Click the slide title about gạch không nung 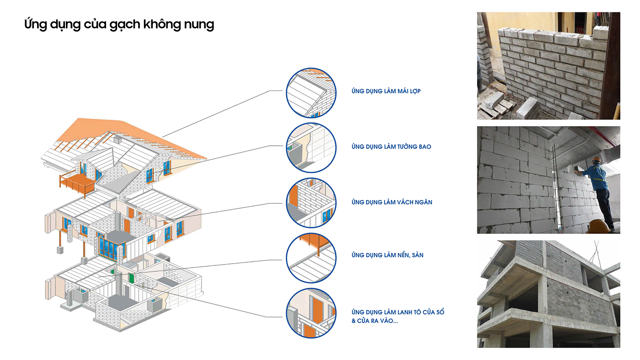point(119,25)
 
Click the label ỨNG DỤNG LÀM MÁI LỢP point(386,91)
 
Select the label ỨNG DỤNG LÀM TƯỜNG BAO point(391,147)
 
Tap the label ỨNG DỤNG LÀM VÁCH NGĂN point(392,202)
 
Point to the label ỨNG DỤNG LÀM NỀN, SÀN point(387,255)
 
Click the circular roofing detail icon point(311,93)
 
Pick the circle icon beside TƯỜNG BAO point(311,148)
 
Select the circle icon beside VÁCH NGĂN point(311,203)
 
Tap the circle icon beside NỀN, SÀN point(311,258)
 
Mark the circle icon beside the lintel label point(311,313)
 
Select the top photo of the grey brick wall point(549,66)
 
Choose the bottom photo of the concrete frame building point(549,294)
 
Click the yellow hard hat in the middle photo point(599,226)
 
